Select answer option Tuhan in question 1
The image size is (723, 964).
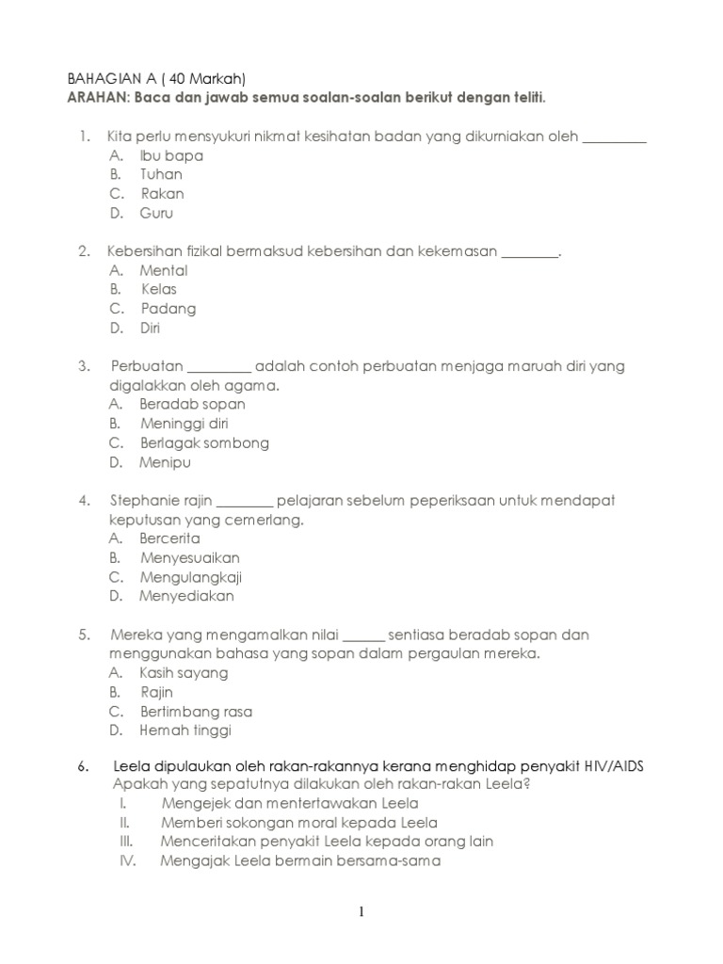click(161, 174)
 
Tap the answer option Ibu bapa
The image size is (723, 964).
click(171, 155)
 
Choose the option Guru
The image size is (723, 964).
click(157, 213)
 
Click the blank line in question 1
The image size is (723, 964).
click(615, 139)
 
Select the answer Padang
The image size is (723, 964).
click(169, 309)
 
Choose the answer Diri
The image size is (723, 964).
click(150, 328)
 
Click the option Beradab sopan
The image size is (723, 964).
click(192, 404)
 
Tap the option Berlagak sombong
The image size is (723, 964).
click(204, 442)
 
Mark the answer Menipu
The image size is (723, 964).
click(165, 462)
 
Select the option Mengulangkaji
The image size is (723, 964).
click(191, 577)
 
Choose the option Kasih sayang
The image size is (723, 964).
click(184, 673)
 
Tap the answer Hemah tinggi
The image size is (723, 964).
click(185, 731)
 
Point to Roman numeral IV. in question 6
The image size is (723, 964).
click(128, 860)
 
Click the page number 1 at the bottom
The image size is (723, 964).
click(361, 911)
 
